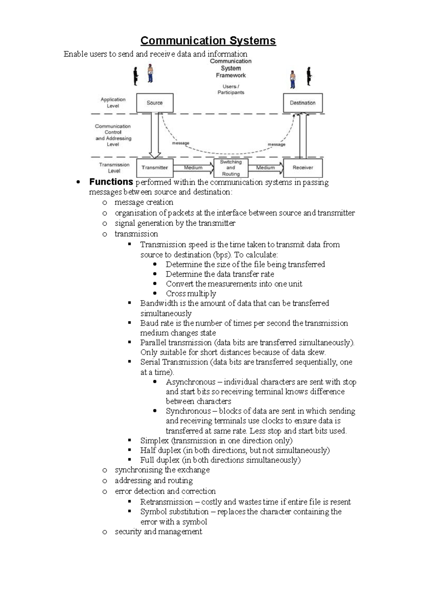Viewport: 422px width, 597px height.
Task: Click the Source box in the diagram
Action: point(155,103)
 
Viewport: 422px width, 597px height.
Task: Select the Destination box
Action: point(303,103)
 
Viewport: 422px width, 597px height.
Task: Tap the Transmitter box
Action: point(155,168)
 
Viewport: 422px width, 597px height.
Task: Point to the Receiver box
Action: point(303,168)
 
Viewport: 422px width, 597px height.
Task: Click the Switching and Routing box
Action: point(231,168)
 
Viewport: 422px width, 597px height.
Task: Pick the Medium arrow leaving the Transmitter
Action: point(193,168)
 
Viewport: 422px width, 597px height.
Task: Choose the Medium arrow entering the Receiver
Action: point(266,168)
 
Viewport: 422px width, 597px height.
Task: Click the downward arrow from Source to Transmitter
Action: point(155,135)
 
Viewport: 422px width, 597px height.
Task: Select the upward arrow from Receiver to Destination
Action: point(303,135)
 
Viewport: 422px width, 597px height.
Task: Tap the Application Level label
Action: point(113,103)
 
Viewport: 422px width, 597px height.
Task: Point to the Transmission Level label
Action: point(114,168)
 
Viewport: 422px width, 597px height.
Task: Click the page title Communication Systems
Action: point(208,41)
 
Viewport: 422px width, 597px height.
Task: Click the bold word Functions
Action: point(111,182)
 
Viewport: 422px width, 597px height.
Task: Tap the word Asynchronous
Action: point(191,382)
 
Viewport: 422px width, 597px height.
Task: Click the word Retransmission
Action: point(166,502)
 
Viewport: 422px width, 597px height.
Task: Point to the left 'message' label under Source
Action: point(181,143)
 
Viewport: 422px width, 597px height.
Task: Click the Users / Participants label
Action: point(231,89)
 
